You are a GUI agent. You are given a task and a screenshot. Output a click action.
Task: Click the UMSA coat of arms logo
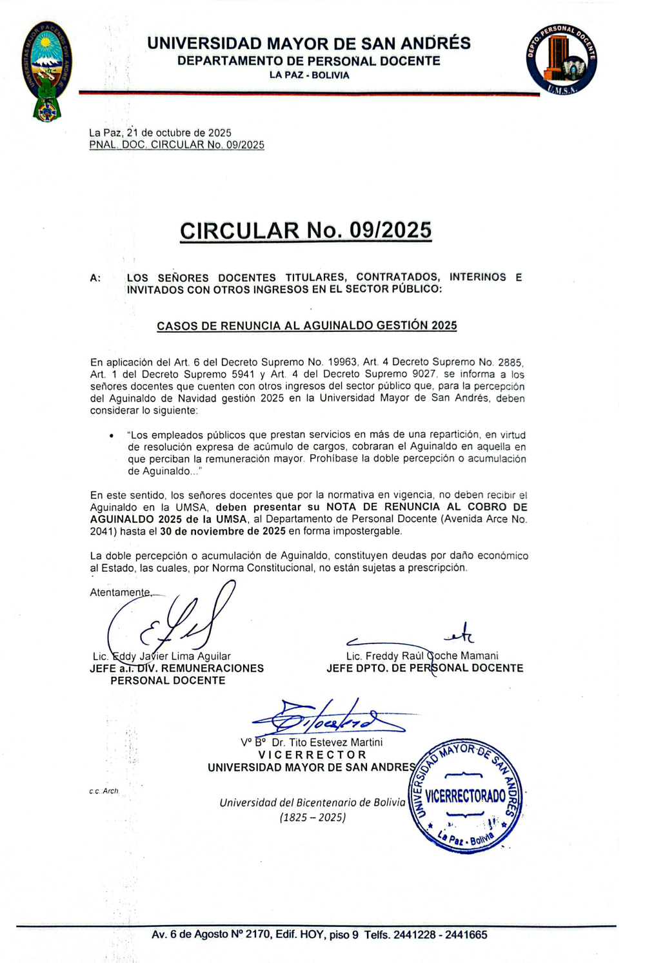coord(47,71)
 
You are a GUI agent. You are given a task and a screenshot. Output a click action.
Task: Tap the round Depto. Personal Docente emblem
coord(561,59)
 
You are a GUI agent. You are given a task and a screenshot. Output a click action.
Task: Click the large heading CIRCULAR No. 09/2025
coord(306,231)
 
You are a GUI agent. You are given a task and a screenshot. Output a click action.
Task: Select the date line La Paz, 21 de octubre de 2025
coord(160,133)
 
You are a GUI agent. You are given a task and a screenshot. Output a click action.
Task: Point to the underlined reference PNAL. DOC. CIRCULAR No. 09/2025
coord(177,145)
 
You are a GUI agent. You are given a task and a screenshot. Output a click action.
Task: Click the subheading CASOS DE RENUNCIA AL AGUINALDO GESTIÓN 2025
coord(306,326)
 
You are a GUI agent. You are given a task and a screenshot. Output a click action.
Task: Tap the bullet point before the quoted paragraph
coord(112,436)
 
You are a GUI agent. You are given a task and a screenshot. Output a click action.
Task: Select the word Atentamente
coord(120,592)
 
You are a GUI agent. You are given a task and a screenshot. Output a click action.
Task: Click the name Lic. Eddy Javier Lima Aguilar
coord(161,656)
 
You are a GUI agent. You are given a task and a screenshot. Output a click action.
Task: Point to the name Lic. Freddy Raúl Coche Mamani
coord(422,656)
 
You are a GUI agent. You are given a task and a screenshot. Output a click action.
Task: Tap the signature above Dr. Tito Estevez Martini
coord(326,717)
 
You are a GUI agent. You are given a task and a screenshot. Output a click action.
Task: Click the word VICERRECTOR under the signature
coord(312,755)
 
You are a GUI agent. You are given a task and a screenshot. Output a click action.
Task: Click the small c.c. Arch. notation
coord(104,791)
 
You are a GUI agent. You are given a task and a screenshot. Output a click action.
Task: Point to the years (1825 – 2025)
coord(313,817)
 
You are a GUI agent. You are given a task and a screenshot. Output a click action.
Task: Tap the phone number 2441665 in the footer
coord(466,935)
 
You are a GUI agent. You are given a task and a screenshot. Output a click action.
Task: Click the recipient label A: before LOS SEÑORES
coord(95,278)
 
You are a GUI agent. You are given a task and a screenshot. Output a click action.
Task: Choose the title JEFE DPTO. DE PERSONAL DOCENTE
coord(424,668)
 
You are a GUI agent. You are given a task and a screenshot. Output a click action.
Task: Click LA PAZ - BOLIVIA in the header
coord(309,75)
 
